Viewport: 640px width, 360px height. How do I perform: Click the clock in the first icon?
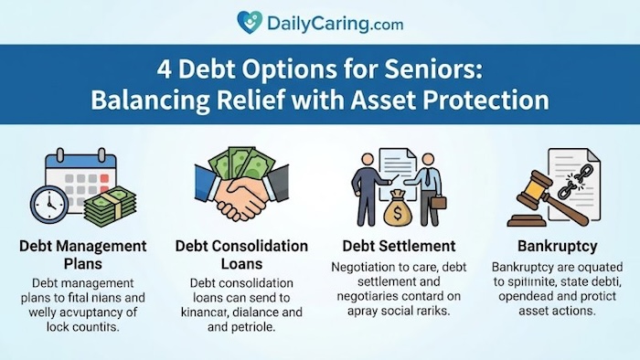coord(48,201)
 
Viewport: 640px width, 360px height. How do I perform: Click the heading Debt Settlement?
coord(399,246)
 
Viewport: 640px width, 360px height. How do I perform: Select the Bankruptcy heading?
coord(556,246)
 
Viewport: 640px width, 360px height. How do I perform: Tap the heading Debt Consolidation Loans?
coord(241,255)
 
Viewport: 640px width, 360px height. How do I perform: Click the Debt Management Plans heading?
coord(82,255)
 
